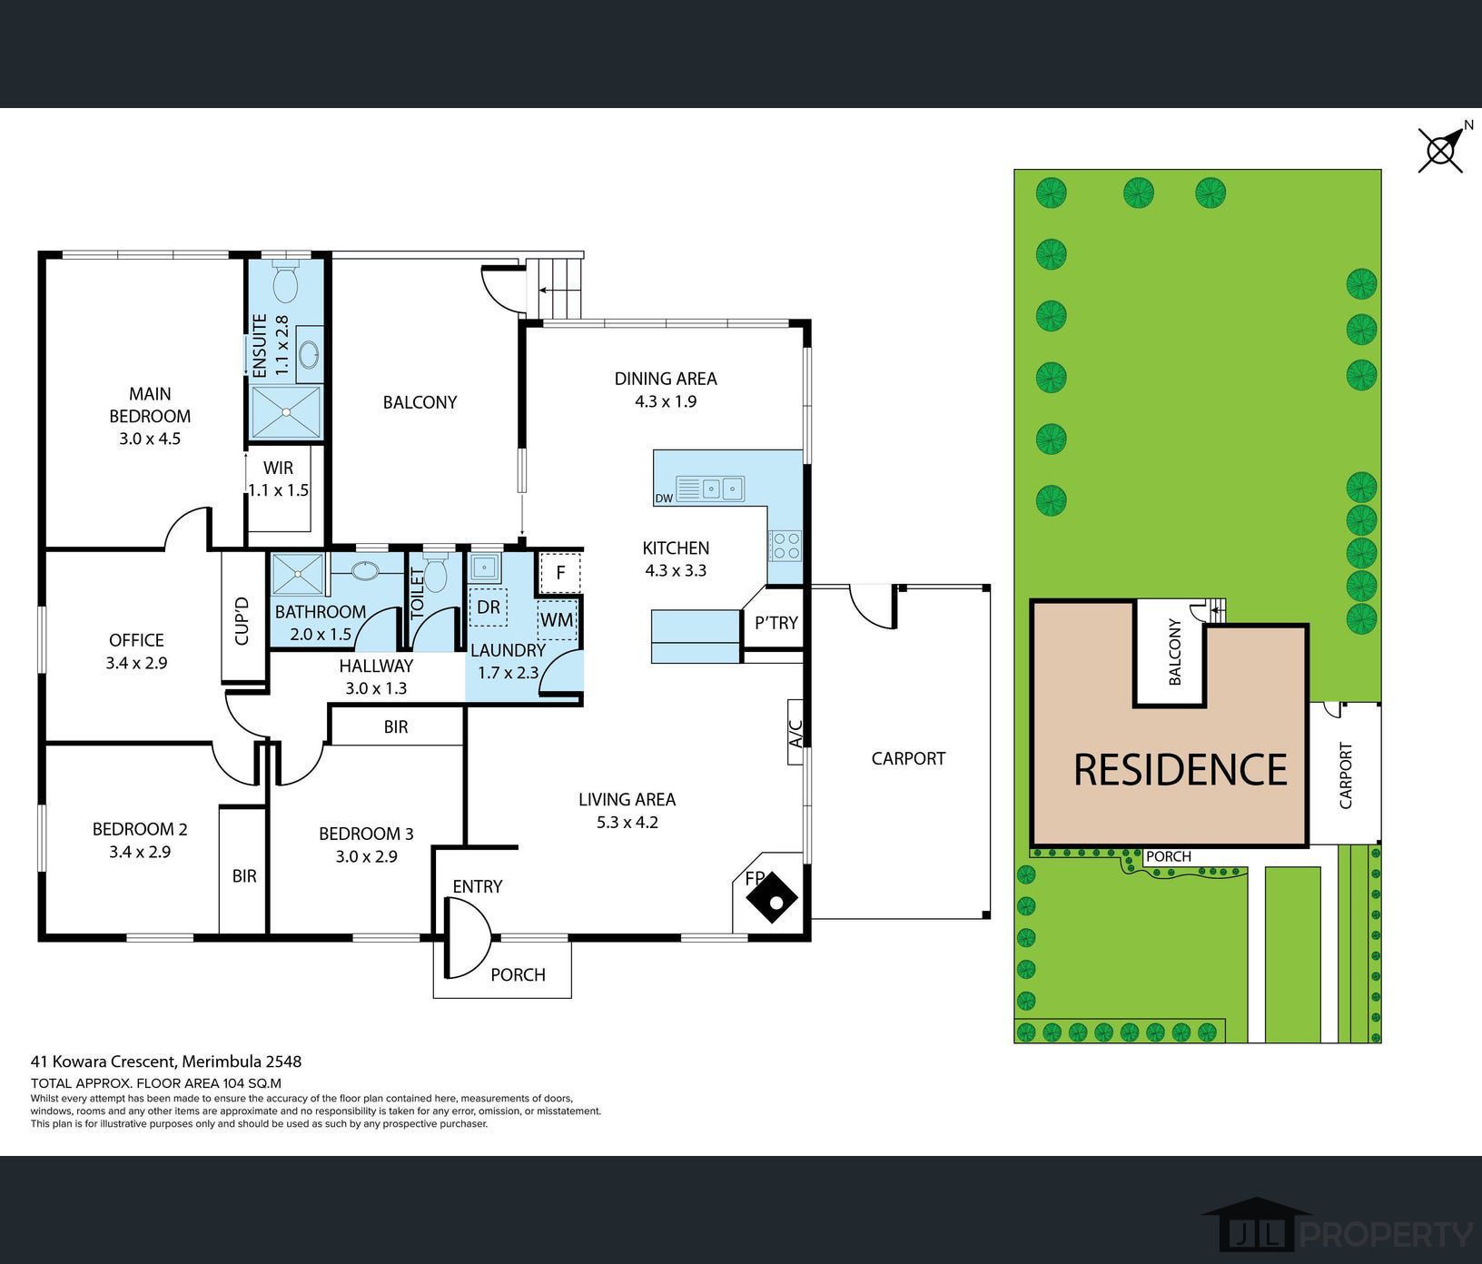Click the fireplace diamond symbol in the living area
pyautogui.click(x=772, y=896)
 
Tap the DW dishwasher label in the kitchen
pyautogui.click(x=663, y=499)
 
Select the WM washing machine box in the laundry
pyautogui.click(x=557, y=619)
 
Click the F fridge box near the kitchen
pyautogui.click(x=560, y=572)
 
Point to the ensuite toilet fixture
pyautogui.click(x=286, y=282)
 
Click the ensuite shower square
pyautogui.click(x=286, y=412)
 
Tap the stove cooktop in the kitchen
pyautogui.click(x=785, y=545)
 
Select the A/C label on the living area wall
pyautogui.click(x=795, y=733)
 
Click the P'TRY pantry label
pyautogui.click(x=776, y=623)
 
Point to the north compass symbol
pyautogui.click(x=1442, y=149)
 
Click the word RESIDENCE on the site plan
pyautogui.click(x=1180, y=769)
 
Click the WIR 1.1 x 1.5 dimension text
pyautogui.click(x=279, y=490)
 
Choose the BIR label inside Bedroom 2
pyautogui.click(x=243, y=876)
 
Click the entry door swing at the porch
pyautogui.click(x=467, y=938)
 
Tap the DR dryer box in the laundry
pyautogui.click(x=489, y=607)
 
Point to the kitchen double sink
pyautogui.click(x=722, y=489)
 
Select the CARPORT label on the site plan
pyautogui.click(x=1346, y=775)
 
